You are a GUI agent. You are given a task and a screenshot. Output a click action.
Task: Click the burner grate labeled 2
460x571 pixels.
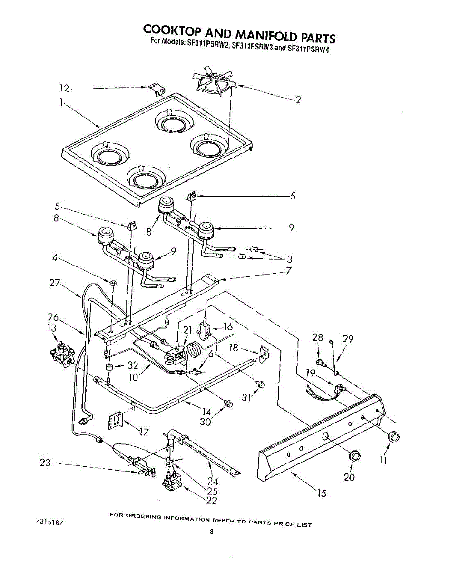(x=213, y=82)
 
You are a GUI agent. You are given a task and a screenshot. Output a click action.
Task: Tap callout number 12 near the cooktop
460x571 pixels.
(x=65, y=88)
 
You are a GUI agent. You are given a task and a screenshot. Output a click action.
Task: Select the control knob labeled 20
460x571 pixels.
(x=354, y=455)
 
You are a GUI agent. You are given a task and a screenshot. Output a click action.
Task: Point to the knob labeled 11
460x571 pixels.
(x=394, y=437)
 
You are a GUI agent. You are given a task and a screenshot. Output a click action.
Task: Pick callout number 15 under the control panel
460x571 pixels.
(x=322, y=493)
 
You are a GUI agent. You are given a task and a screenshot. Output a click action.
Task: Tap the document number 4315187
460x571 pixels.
(x=49, y=522)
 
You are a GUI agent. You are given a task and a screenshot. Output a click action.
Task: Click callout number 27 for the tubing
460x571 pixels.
(x=55, y=283)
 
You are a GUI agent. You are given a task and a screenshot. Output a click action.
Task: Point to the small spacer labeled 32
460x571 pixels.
(x=109, y=367)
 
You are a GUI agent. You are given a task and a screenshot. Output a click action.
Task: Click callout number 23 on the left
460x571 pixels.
(x=45, y=462)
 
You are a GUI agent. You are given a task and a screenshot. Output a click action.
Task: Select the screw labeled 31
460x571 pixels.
(x=261, y=384)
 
